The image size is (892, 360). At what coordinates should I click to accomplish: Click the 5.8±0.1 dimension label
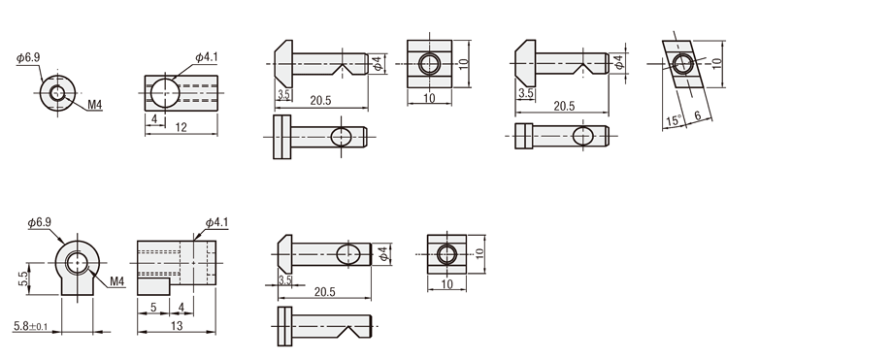(31, 326)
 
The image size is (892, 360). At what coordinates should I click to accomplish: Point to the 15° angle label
(673, 120)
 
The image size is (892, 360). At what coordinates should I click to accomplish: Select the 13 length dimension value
(177, 326)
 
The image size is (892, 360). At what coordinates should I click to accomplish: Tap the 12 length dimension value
(181, 127)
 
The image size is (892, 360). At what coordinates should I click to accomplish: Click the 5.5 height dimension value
(22, 278)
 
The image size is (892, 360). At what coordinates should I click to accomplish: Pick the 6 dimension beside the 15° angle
(698, 115)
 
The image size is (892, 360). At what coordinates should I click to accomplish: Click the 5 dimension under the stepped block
(153, 308)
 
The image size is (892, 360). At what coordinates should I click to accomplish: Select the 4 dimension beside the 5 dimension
(182, 308)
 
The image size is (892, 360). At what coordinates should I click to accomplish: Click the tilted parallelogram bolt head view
(682, 63)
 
